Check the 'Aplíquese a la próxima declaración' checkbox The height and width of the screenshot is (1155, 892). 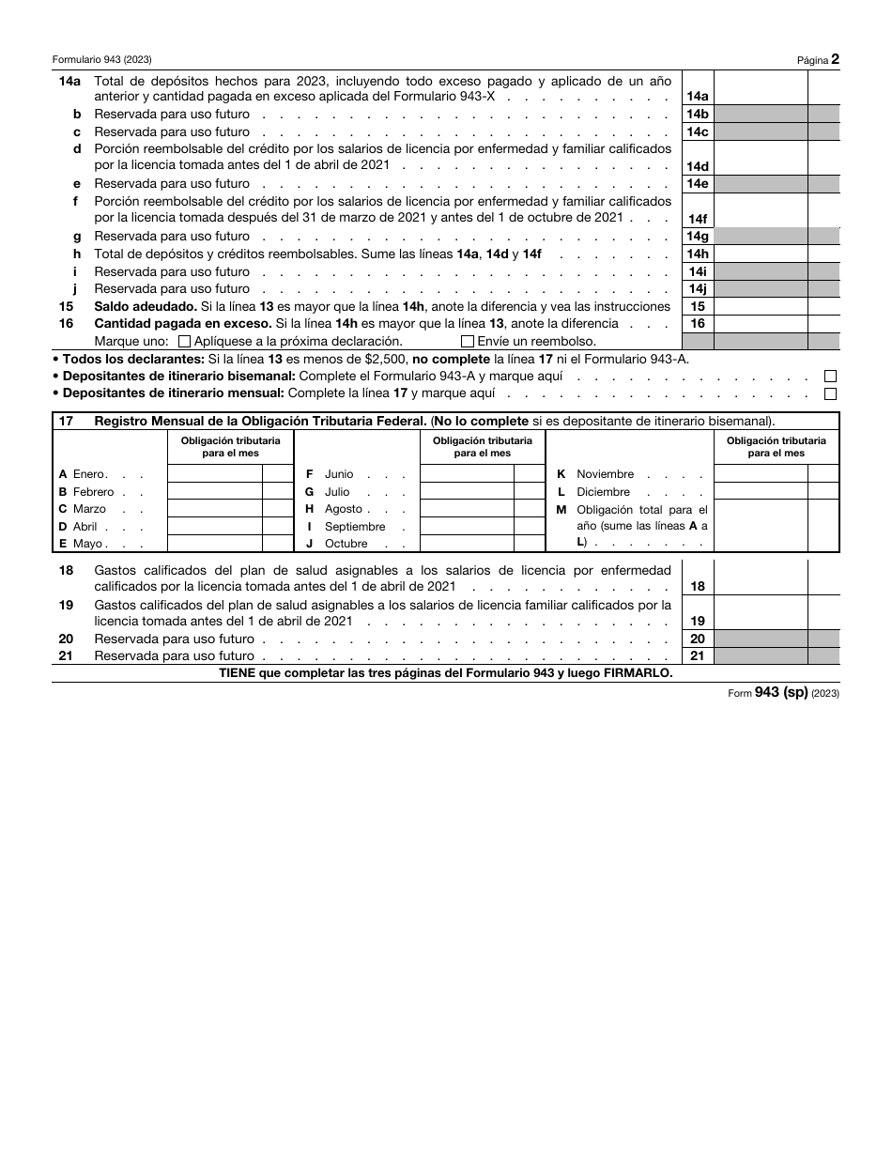(184, 342)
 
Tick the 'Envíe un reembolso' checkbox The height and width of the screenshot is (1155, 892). (468, 342)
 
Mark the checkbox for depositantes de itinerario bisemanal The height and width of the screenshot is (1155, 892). (830, 377)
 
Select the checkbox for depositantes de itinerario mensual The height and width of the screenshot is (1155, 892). (830, 394)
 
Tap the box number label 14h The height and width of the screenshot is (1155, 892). (698, 254)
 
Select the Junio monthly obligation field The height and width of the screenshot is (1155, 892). (467, 474)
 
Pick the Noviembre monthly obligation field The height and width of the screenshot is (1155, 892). (761, 474)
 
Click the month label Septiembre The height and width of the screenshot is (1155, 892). (355, 527)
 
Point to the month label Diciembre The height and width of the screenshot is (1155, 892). (603, 492)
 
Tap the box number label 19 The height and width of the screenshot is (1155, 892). (698, 621)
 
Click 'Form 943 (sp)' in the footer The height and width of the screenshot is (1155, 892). (767, 693)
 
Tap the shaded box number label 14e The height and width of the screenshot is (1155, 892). (698, 184)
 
